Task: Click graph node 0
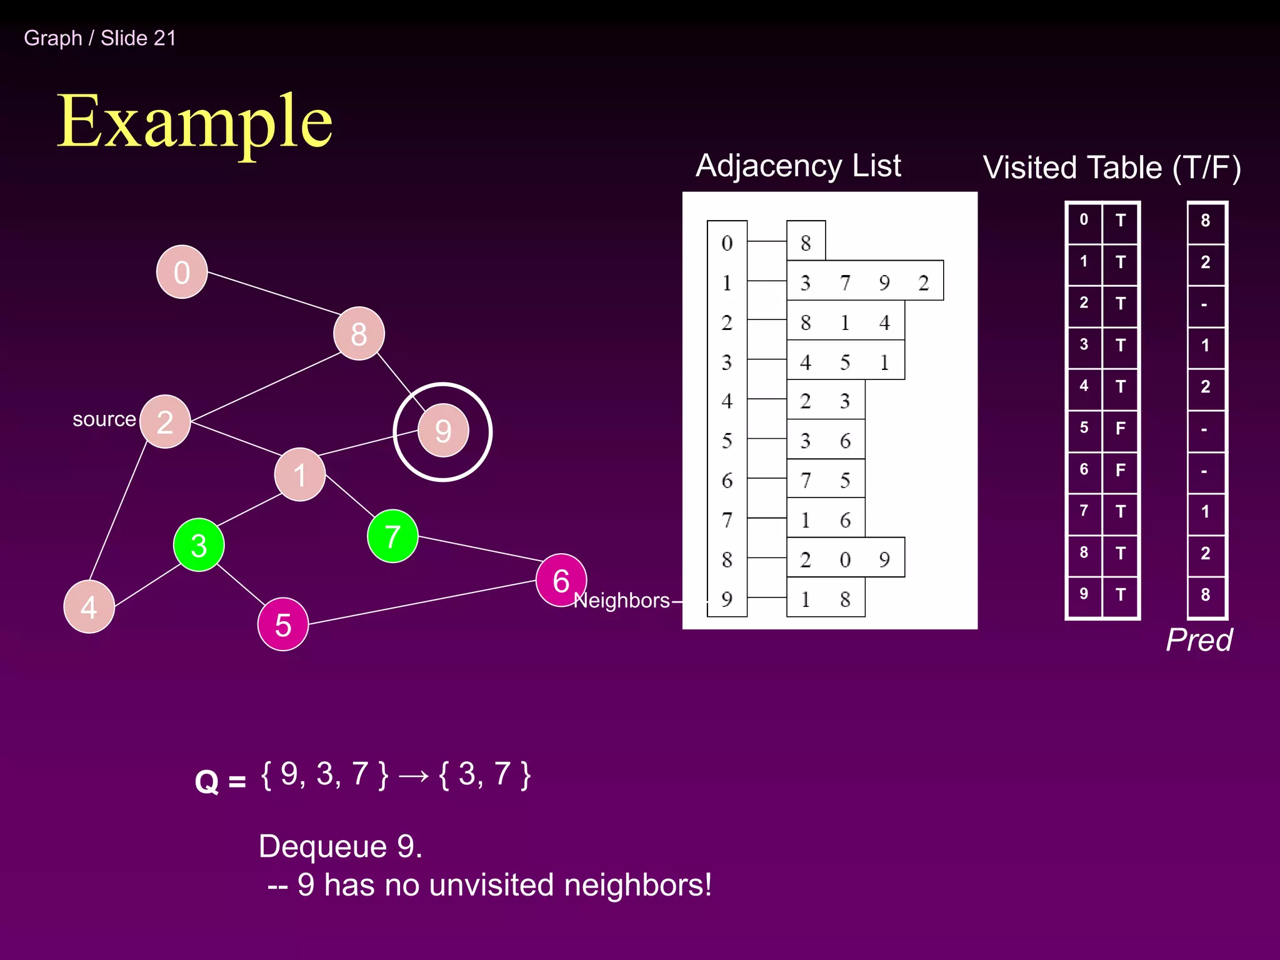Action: [182, 272]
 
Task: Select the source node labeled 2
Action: [165, 422]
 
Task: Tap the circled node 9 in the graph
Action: [443, 431]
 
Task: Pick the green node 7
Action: [392, 536]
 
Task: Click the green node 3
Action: [199, 545]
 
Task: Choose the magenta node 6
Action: [561, 581]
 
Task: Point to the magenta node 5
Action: [283, 624]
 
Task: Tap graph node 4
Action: [89, 607]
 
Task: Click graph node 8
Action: [359, 334]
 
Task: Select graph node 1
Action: [300, 474]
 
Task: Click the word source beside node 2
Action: [104, 419]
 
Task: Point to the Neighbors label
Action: [621, 601]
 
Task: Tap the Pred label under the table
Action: [1199, 640]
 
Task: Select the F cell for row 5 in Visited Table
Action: [1121, 428]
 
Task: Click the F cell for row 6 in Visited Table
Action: [1121, 469]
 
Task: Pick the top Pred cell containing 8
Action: [1206, 221]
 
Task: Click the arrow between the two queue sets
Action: [414, 776]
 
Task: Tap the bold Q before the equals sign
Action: [207, 781]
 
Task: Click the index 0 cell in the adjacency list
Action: [727, 242]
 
